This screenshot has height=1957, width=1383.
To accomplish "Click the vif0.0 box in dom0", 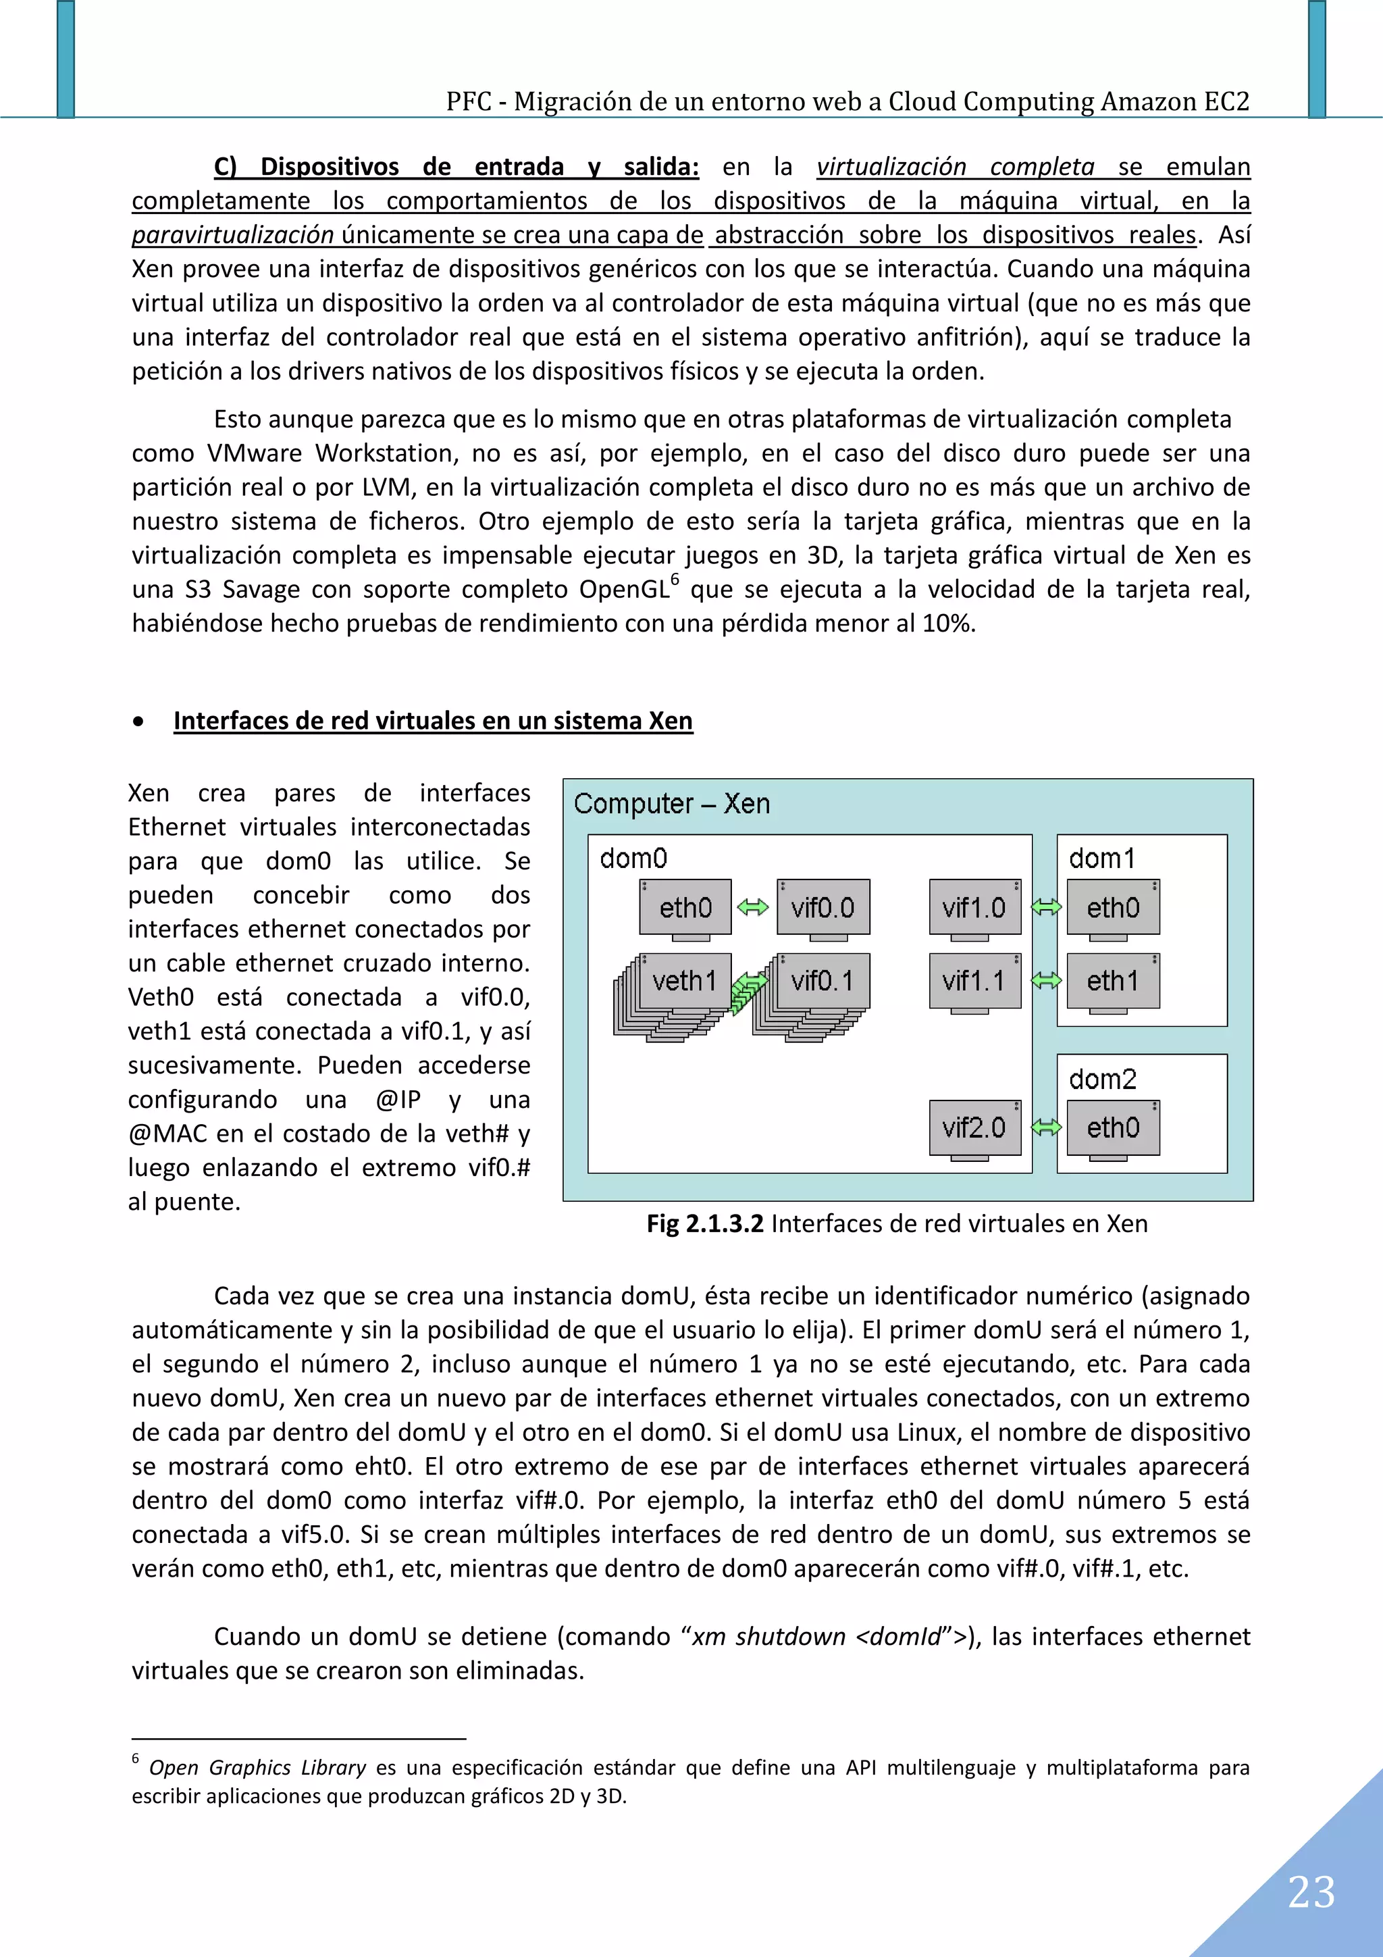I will point(823,907).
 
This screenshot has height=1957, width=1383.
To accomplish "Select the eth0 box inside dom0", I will point(685,907).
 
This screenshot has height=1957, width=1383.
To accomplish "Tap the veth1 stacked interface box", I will point(683,981).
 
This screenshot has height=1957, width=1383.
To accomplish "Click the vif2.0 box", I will point(974,1127).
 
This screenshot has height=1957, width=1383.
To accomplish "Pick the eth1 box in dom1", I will point(1112,981).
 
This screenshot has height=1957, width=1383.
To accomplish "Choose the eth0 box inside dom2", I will point(1112,1127).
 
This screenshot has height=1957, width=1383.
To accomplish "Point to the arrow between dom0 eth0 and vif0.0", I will point(752,907).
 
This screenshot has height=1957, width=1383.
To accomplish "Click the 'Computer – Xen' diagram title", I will point(671,804).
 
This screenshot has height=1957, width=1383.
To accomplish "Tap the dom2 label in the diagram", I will point(1102,1079).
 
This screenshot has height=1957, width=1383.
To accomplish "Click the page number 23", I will point(1311,1892).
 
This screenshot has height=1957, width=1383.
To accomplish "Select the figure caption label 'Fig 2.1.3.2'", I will point(705,1224).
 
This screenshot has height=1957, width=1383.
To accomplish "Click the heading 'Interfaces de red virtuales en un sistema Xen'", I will point(433,721).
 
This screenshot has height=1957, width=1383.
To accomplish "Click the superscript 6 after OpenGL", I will point(675,580).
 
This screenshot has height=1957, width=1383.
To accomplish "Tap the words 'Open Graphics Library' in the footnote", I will point(257,1768).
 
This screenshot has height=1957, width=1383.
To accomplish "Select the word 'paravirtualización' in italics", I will point(232,234).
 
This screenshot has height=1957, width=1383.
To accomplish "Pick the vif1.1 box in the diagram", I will point(974,981).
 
